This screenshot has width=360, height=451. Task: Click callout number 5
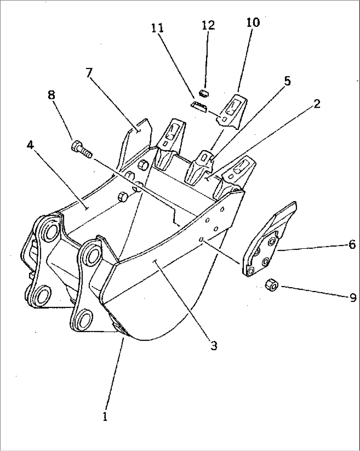click(287, 81)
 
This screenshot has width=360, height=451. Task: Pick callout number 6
click(352, 245)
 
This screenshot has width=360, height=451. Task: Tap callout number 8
click(51, 95)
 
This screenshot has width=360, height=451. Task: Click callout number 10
click(253, 22)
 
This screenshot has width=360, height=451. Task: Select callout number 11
click(158, 28)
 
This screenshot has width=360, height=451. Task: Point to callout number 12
click(208, 25)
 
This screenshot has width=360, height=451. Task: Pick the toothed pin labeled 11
click(199, 106)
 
